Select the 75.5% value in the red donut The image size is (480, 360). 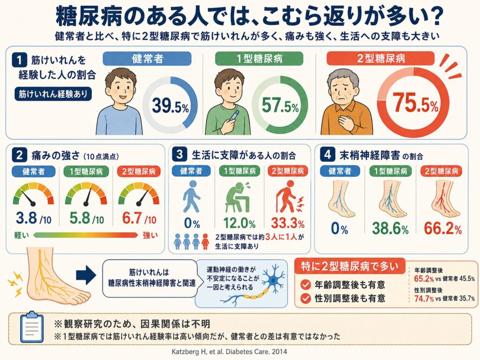point(415,103)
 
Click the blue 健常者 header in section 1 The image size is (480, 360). point(147,59)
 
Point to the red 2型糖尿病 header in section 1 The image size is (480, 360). point(381,58)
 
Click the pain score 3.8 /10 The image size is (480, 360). point(34,218)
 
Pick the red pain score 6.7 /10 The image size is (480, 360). point(139,218)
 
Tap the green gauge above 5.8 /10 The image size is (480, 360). point(86,194)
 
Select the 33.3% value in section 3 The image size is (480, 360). point(288,223)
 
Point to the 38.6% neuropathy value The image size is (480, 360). point(390,228)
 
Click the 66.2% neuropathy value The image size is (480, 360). point(442,228)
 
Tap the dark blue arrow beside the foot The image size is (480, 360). point(86,275)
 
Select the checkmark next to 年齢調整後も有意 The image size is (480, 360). point(306,285)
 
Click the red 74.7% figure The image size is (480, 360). point(424,298)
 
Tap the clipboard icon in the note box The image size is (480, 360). point(31,327)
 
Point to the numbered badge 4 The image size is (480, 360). point(327,155)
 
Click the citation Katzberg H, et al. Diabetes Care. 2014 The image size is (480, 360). point(229,352)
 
